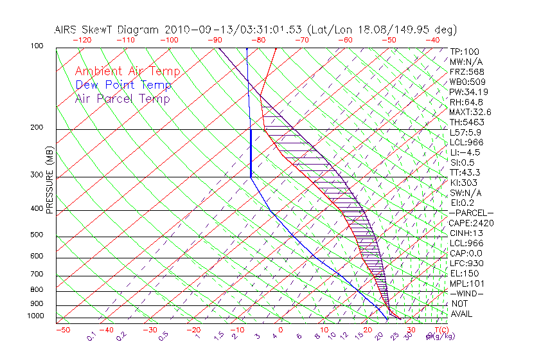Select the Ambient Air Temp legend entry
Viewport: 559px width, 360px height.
pyautogui.click(x=127, y=71)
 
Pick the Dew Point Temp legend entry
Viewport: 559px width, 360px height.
pyautogui.click(x=123, y=85)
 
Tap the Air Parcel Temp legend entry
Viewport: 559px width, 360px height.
pyautogui.click(x=123, y=98)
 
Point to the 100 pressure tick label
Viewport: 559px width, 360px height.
pyautogui.click(x=37, y=46)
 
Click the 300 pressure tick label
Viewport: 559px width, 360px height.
pyautogui.click(x=37, y=175)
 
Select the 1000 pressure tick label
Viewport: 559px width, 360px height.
pyautogui.click(x=35, y=316)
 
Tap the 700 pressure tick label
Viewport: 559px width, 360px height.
pyautogui.click(x=37, y=274)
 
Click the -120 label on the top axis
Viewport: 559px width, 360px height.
pyautogui.click(x=81, y=40)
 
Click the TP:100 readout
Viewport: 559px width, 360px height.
pyautogui.click(x=464, y=51)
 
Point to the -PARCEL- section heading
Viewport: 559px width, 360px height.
pyautogui.click(x=471, y=213)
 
